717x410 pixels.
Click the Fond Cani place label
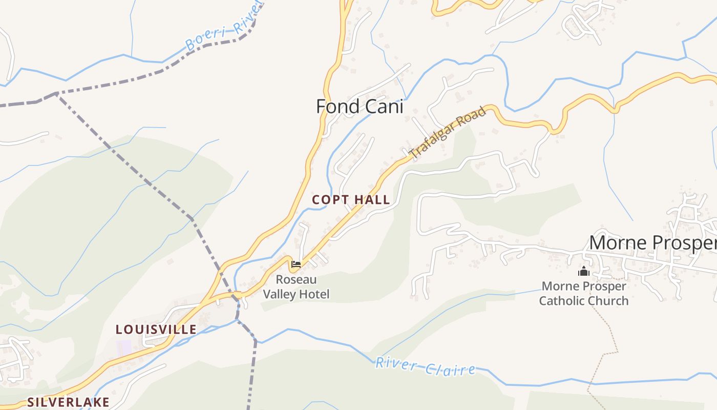360,107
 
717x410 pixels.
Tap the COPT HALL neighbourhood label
351,200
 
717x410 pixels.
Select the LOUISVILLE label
156,329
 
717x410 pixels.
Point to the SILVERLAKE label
68,402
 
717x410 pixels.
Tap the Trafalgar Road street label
447,132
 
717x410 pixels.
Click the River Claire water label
425,366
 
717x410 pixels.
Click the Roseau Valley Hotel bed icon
296,265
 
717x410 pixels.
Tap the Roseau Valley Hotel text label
296,287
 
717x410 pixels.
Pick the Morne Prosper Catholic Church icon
583,271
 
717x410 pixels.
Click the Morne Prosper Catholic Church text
584,294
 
